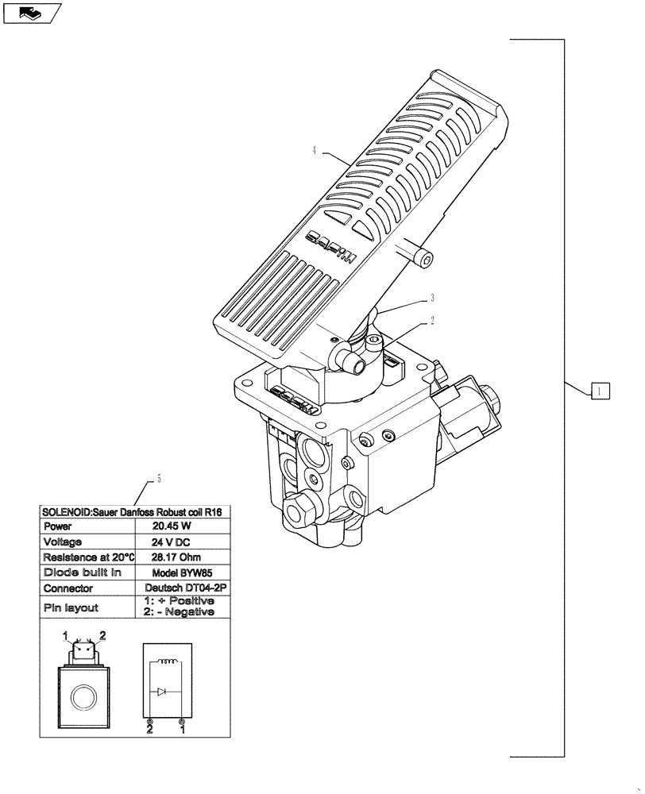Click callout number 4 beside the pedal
tap(315, 149)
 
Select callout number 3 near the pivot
tap(431, 298)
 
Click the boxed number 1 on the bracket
tap(601, 390)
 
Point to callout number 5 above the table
tap(159, 479)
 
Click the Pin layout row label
tap(71, 607)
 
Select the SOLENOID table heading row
tap(136, 512)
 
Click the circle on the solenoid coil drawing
tap(83, 698)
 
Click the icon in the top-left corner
tap(32, 13)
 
